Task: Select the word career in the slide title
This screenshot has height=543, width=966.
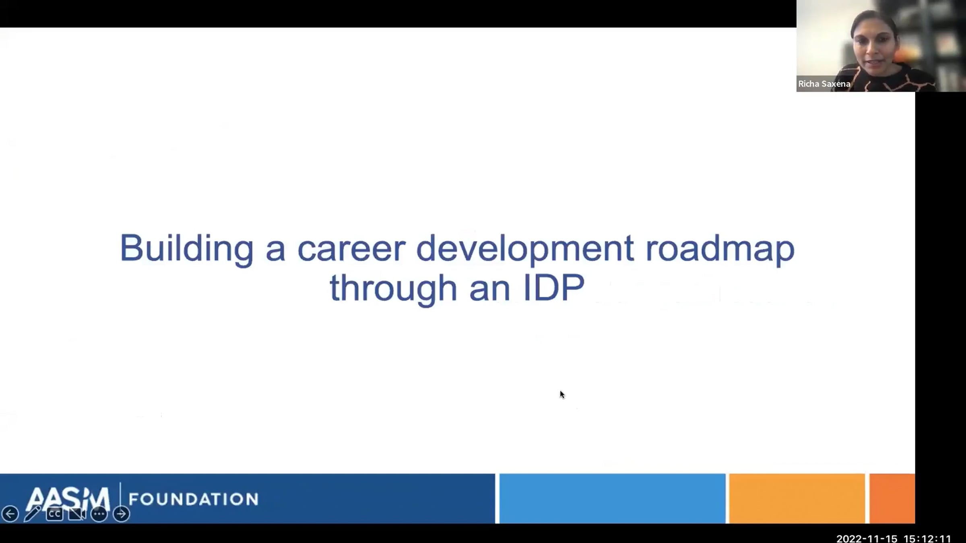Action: point(351,249)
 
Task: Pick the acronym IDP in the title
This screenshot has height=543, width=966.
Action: point(554,288)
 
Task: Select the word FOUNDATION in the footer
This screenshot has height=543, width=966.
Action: point(194,499)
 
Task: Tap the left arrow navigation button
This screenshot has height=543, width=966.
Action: point(10,514)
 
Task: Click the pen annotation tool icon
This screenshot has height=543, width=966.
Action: point(32,514)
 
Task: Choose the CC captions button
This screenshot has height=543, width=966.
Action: point(54,514)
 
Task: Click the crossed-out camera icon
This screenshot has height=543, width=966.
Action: point(77,514)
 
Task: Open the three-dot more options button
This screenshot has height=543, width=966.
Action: point(99,514)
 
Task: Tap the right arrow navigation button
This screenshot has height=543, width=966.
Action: point(121,514)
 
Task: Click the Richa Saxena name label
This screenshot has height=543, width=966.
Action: point(824,84)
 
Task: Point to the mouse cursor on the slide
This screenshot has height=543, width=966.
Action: point(562,395)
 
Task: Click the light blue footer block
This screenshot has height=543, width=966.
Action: point(612,498)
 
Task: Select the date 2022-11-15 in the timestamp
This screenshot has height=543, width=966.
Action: point(867,538)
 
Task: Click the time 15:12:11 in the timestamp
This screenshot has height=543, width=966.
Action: point(927,538)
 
